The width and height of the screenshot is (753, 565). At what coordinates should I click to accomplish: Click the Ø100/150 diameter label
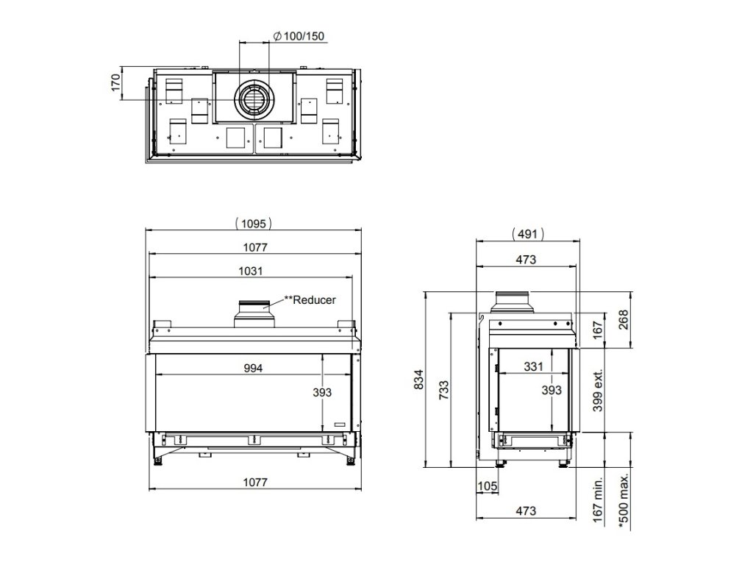pyautogui.click(x=299, y=36)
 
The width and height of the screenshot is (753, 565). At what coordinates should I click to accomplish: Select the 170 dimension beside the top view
pyautogui.click(x=115, y=82)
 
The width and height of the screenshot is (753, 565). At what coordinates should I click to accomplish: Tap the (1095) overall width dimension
pyautogui.click(x=254, y=224)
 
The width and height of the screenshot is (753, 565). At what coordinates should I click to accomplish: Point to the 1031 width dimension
pyautogui.click(x=251, y=271)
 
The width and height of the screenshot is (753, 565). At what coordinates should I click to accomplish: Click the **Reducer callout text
pyautogui.click(x=310, y=300)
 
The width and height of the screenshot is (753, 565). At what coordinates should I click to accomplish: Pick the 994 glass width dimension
pyautogui.click(x=253, y=368)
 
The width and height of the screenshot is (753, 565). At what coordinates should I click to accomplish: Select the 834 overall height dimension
pyautogui.click(x=419, y=379)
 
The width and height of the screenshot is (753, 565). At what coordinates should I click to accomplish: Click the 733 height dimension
pyautogui.click(x=444, y=390)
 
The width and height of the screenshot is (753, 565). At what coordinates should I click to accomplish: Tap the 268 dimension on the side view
pyautogui.click(x=623, y=320)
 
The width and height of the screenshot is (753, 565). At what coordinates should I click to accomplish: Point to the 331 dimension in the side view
pyautogui.click(x=533, y=366)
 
